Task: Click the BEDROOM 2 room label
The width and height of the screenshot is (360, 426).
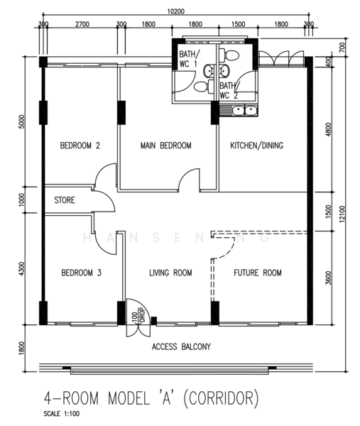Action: coord(80,146)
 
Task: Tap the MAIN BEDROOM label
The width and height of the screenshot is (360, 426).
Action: coord(165,146)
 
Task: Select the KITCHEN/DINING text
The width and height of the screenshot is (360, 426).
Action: coord(256,146)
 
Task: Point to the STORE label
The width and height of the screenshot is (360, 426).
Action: coord(65,200)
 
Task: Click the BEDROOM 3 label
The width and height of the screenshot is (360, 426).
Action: coord(81,273)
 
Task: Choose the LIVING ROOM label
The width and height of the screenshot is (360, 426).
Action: coord(170,273)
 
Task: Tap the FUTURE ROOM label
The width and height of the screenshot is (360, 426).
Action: coord(258,273)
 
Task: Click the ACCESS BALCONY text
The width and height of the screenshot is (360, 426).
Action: coord(181,346)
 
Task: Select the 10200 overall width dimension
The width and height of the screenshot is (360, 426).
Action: coord(176,11)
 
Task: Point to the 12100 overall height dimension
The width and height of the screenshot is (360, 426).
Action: coord(342,214)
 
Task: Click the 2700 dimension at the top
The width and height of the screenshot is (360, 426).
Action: coord(82,24)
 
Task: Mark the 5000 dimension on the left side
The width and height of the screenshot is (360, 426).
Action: coord(22,121)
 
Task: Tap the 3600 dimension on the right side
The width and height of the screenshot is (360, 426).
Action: coord(329,278)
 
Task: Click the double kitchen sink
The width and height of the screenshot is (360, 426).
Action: coord(244,111)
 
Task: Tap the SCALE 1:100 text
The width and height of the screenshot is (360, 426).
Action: coord(62,414)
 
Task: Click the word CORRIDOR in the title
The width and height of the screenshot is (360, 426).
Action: coord(221,398)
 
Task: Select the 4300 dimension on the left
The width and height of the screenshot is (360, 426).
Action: coord(22,268)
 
